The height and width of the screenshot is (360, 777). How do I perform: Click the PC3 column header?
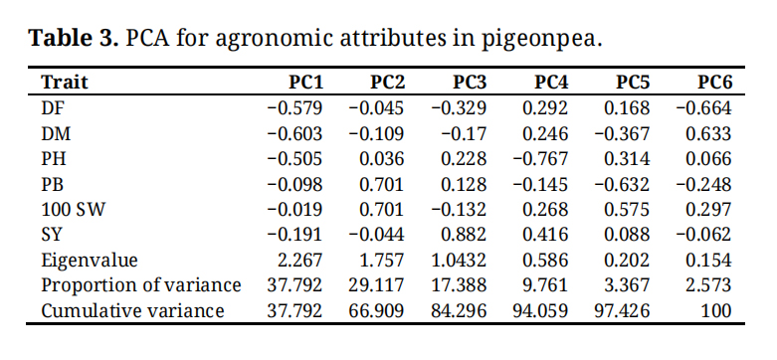tap(470, 83)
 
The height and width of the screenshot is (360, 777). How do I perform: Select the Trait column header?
tap(65, 83)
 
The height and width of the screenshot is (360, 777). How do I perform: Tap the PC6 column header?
tap(714, 83)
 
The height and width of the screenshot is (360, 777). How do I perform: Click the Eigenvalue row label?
tap(90, 260)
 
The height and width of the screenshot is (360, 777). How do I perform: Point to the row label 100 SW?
tap(73, 210)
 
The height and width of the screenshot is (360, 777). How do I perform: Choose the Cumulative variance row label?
tap(132, 311)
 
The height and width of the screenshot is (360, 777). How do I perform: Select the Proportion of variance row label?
tap(140, 285)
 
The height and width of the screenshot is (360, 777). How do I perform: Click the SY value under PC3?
tap(464, 235)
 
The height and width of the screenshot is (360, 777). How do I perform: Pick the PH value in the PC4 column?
tap(540, 159)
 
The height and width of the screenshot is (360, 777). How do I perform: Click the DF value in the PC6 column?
tap(703, 108)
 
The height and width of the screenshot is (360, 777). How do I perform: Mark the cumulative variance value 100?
tap(715, 311)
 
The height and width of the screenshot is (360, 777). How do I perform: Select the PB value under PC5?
tap(622, 184)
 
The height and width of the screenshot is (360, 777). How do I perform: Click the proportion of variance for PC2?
tap(376, 285)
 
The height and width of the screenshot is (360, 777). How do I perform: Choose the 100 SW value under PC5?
tap(627, 210)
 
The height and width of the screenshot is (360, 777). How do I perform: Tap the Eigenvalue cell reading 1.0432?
tap(460, 260)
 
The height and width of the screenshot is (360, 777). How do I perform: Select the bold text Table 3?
tap(74, 38)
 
